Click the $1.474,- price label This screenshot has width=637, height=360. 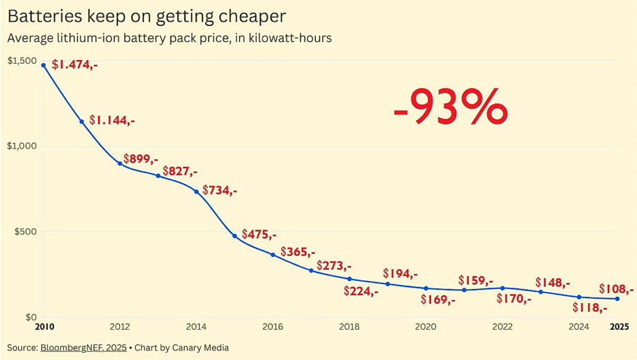click(75, 64)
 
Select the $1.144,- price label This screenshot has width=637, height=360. click(112, 120)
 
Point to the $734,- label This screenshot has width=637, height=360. click(220, 191)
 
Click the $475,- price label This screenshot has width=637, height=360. click(259, 234)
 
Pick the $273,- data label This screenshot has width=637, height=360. click(334, 266)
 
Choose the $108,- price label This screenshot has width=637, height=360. click(616, 289)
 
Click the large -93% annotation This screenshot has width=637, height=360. click(450, 107)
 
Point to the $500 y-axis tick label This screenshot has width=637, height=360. click(25, 231)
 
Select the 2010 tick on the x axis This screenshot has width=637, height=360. click(43, 326)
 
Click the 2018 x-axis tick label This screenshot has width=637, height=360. click(349, 326)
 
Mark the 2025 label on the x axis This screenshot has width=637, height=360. click(617, 326)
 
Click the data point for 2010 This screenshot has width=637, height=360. click(43, 65)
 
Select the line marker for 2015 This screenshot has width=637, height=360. click(234, 236)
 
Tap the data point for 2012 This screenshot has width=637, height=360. click(120, 163)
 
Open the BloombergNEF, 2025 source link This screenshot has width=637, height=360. click(83, 348)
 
